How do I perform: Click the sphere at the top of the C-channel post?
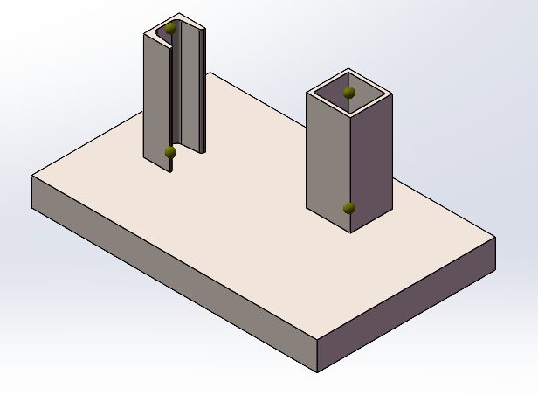coord(170,28)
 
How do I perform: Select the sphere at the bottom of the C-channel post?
coord(170,153)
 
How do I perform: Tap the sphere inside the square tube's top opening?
coord(349,92)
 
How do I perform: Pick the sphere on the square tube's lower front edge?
coord(349,208)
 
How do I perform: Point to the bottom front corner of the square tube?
coord(350,232)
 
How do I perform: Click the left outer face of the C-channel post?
coord(155,96)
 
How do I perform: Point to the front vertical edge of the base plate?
coord(315,354)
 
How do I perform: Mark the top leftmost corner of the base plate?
coord(32,176)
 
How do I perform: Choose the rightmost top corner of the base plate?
coord(495,237)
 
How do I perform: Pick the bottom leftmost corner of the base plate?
coord(33,211)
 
